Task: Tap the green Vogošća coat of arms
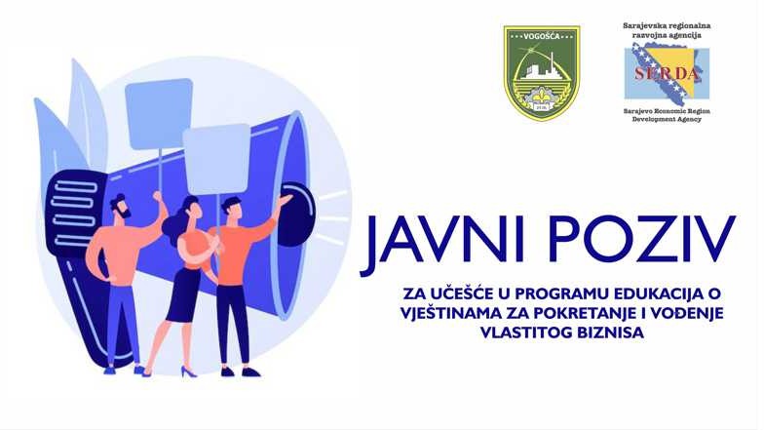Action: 541,73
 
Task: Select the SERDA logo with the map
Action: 667,74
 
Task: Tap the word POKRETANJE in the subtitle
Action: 602,313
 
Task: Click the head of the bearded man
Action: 119,208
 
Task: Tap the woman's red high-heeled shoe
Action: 187,371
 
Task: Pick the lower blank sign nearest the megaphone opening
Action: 216,157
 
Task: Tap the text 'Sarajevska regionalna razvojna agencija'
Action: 668,28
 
